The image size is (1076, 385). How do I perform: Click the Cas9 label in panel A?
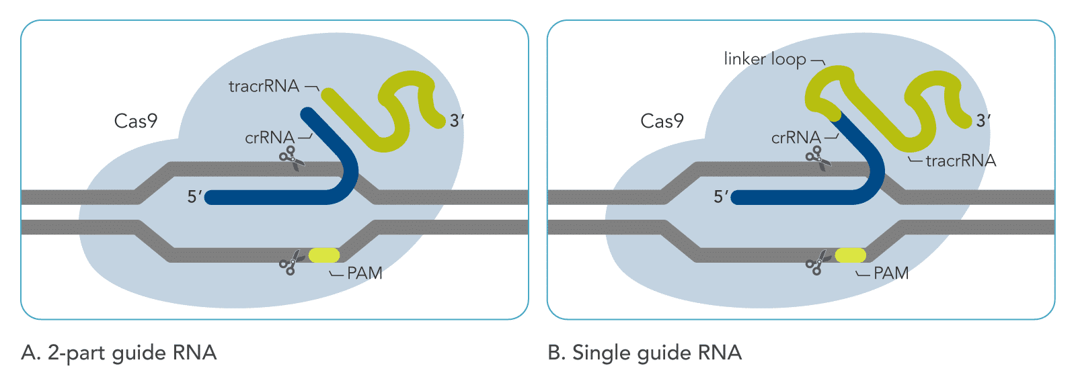136,121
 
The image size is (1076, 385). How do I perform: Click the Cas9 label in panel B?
662,121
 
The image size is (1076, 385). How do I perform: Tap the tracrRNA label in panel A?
264,86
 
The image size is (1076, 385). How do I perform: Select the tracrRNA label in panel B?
960,161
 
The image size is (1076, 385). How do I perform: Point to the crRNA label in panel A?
270,138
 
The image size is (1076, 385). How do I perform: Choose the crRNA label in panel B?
796,138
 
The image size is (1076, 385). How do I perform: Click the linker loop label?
765,59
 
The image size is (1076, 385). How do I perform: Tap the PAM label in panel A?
364,273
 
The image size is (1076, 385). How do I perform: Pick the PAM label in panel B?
891,273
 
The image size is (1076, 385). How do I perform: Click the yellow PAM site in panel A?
324,255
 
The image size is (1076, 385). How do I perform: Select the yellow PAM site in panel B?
851,255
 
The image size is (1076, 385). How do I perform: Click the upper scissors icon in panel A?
291,158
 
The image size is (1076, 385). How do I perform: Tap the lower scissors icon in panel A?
290,263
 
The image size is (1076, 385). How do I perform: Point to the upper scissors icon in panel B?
818,158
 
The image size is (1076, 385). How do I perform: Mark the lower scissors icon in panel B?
816,263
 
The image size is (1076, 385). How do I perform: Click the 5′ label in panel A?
194,197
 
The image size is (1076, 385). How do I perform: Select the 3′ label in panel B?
983,121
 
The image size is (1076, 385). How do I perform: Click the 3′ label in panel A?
457,121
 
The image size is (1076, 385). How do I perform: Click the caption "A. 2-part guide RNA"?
119,353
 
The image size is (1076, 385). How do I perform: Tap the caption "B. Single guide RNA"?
644,353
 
